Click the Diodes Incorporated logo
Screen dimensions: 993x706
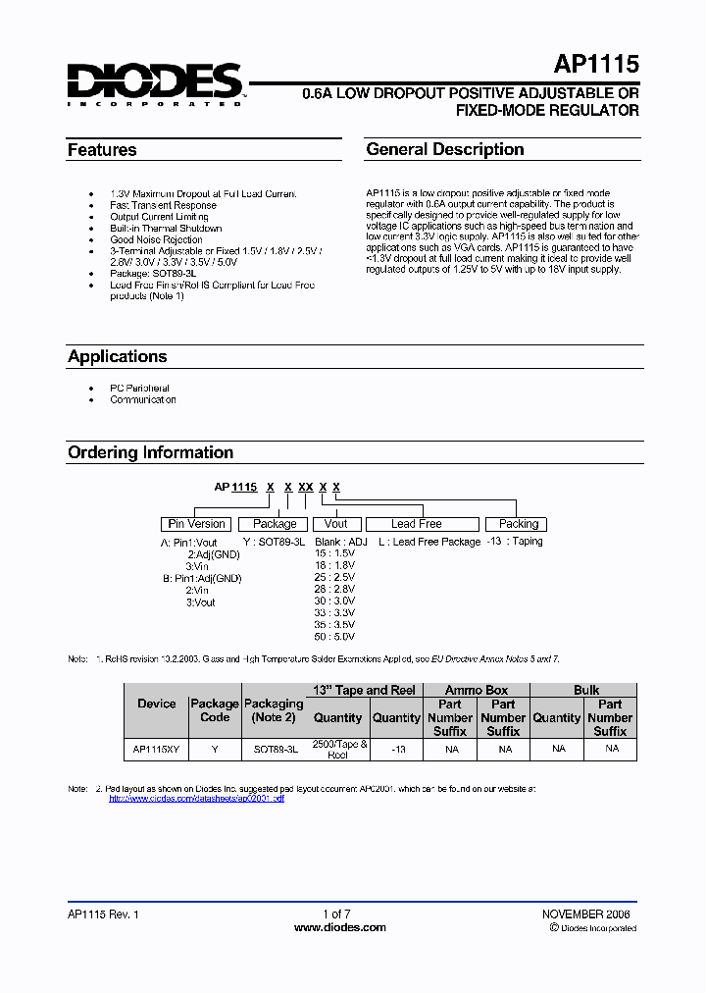tap(155, 83)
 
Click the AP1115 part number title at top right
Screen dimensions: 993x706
tap(596, 66)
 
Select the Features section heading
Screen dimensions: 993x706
tap(102, 150)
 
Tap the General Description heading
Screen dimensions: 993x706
tap(445, 149)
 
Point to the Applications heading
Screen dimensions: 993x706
tap(118, 356)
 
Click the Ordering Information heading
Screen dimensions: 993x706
tap(150, 452)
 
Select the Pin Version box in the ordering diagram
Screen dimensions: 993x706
tap(197, 524)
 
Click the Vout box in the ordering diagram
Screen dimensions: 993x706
tap(336, 524)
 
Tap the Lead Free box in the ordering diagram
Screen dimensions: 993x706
tap(417, 524)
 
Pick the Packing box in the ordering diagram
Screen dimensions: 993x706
tap(519, 524)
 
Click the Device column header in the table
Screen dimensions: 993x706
tap(157, 704)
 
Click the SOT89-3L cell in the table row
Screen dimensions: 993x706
tap(276, 749)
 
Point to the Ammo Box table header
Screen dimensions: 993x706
tap(477, 690)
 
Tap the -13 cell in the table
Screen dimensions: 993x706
tap(397, 749)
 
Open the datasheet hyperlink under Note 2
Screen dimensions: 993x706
tap(196, 799)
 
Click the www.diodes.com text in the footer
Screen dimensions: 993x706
tap(340, 927)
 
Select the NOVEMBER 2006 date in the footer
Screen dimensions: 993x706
tap(586, 914)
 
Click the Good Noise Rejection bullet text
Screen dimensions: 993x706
tap(157, 239)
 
